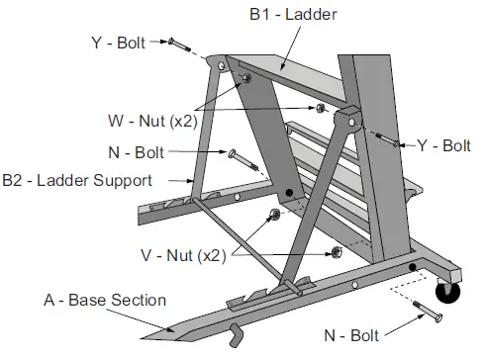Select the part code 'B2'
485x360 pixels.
13,181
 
